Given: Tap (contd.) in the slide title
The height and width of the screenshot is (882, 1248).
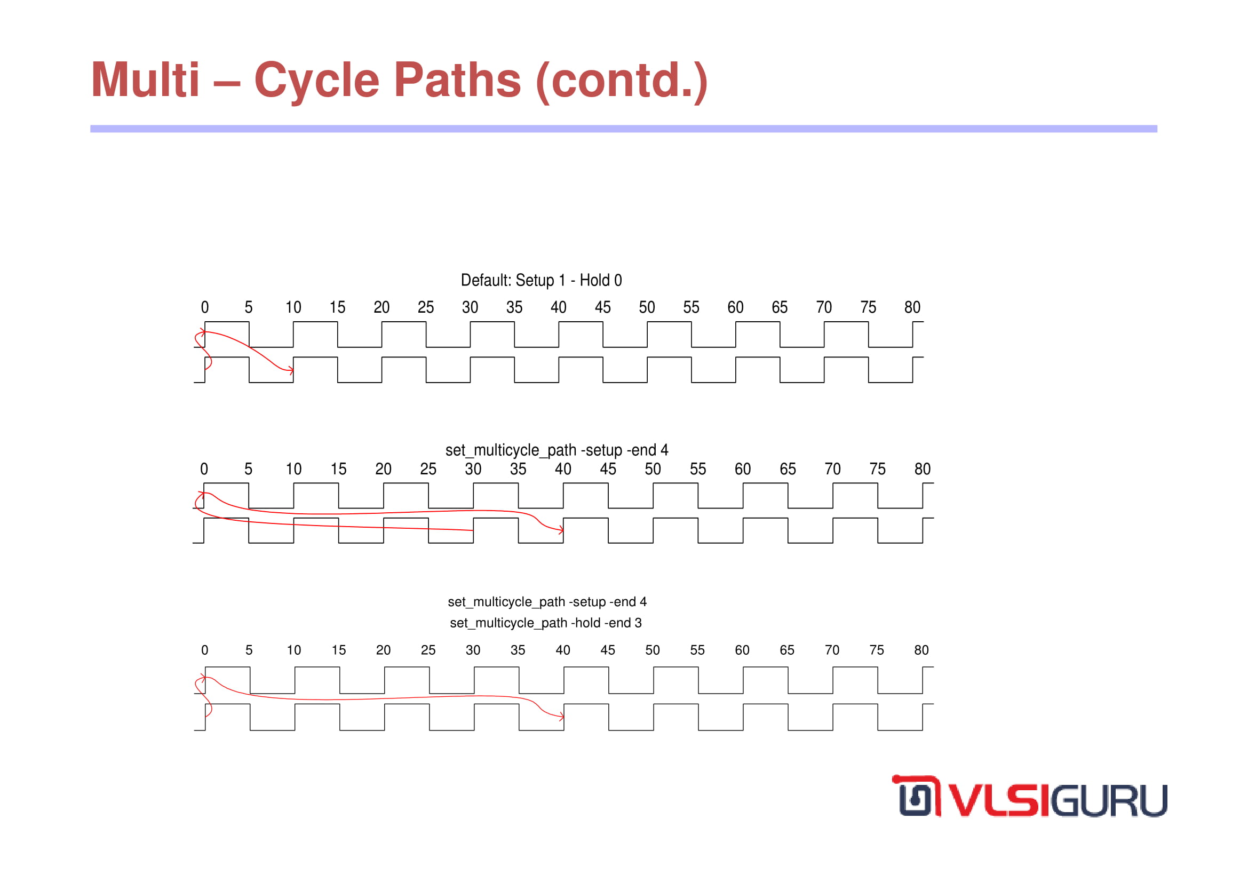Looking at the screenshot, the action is [x=622, y=81].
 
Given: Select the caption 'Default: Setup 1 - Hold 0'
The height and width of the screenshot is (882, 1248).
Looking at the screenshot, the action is [x=542, y=281].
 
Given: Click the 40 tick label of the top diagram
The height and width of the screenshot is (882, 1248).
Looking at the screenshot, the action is [x=558, y=307].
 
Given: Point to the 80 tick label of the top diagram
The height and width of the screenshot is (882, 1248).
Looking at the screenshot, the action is [x=912, y=307].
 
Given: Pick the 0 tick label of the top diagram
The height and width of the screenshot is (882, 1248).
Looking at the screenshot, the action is [x=205, y=307].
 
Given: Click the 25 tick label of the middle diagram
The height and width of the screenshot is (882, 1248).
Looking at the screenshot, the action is [x=428, y=469].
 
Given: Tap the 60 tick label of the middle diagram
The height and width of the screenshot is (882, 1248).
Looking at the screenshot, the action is [x=743, y=469].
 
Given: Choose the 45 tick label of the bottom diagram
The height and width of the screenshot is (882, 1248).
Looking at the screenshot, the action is [x=608, y=650].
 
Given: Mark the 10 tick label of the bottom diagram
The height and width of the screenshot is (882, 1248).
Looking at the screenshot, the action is [x=294, y=650].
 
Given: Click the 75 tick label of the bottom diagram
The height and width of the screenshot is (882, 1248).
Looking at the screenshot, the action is [x=877, y=650].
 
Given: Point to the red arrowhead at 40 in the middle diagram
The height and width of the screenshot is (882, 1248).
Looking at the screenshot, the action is [x=561, y=530].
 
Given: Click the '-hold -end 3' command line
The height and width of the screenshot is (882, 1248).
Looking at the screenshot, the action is [x=546, y=623].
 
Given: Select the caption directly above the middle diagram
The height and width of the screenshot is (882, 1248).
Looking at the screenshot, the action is [x=557, y=450].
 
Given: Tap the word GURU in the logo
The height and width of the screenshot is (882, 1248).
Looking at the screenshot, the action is [x=1109, y=800].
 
